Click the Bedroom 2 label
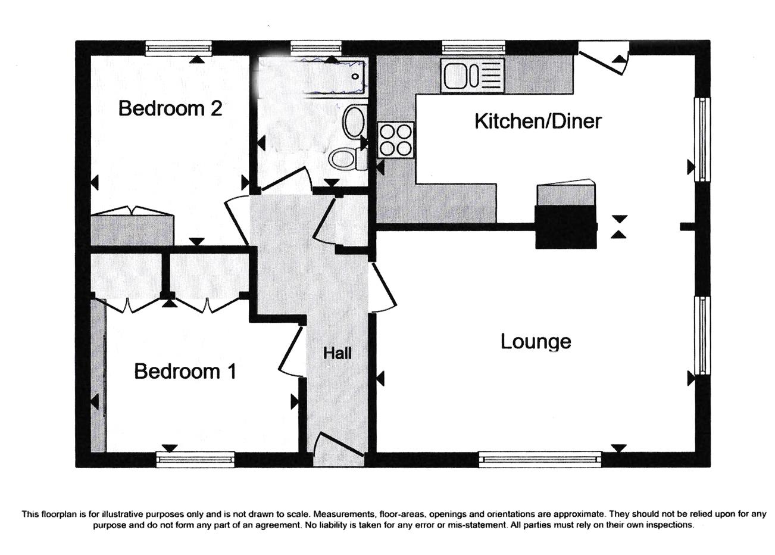pyautogui.click(x=170, y=108)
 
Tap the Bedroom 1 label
pyautogui.click(x=185, y=371)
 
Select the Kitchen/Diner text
pyautogui.click(x=538, y=121)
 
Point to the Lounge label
pyautogui.click(x=536, y=342)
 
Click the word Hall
pyautogui.click(x=337, y=353)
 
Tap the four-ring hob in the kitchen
pyautogui.click(x=396, y=140)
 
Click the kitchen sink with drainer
pyautogui.click(x=473, y=76)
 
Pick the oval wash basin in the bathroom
pyautogui.click(x=354, y=122)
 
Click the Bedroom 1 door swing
pyautogui.click(x=291, y=352)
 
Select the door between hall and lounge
pyautogui.click(x=384, y=288)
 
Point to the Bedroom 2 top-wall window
pyautogui.click(x=178, y=48)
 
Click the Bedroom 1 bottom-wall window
pyautogui.click(x=195, y=459)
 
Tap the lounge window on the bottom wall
pyautogui.click(x=540, y=460)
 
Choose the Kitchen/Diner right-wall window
pyautogui.click(x=703, y=139)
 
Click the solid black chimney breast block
pyautogui.click(x=566, y=227)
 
